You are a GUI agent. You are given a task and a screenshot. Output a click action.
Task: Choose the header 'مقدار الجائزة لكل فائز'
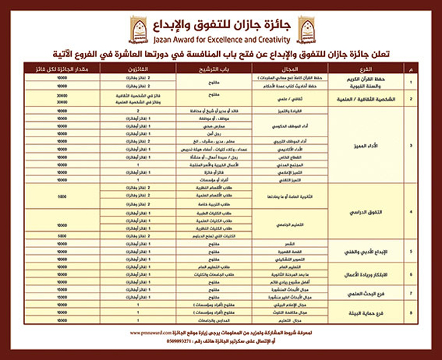tap(61, 67)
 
